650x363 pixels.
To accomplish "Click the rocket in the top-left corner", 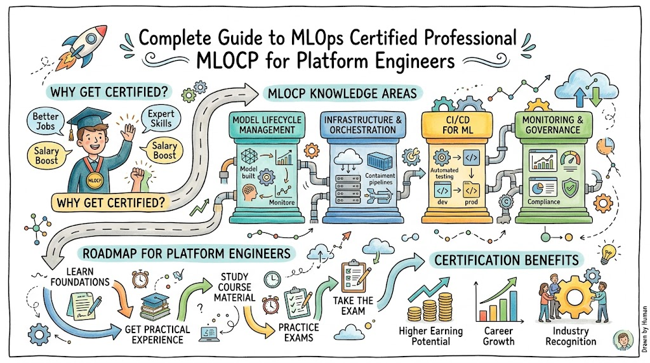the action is coord(83,46).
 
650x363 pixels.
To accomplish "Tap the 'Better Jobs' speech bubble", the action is coord(45,121).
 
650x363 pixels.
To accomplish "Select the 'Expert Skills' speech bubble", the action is coord(161,119).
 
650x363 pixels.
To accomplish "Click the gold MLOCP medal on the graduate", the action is coord(95,180).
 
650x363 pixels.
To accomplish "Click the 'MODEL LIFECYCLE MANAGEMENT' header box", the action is coord(267,125).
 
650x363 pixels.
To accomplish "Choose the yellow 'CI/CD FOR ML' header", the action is coord(457,125).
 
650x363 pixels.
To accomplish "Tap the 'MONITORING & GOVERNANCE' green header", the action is coord(553,125).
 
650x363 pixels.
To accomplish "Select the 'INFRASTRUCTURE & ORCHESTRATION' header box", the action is coord(362,125).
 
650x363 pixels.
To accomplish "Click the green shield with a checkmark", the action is coord(571,187).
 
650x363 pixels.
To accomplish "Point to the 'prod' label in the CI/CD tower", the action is coord(471,202).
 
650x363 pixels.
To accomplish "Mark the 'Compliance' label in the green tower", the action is coord(543,202).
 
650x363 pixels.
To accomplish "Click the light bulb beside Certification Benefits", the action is coord(608,254).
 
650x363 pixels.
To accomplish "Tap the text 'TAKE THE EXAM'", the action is coord(353,306).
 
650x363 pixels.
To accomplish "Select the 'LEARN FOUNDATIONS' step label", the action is coord(80,277).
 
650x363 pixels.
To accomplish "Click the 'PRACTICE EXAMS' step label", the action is coord(298,333).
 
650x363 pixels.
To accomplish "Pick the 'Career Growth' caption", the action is coord(499,336).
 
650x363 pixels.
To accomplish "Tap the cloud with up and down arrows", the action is coord(587,88).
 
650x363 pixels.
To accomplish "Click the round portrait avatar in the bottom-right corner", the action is coord(623,340).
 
